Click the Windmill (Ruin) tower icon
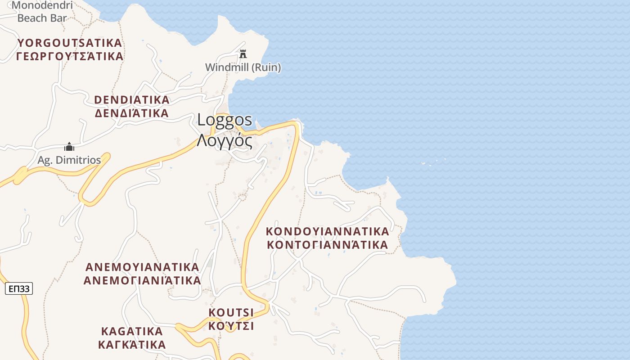pos(243,54)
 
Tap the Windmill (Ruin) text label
pos(243,67)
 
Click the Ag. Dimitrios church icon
pos(69,147)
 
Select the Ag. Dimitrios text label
pos(69,160)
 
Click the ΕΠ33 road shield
pos(19,288)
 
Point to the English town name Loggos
pos(225,120)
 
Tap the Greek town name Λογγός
pos(224,140)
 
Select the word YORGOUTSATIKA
pos(70,43)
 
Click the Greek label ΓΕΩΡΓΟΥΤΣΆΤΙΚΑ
pos(70,56)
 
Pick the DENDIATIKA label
pos(132,100)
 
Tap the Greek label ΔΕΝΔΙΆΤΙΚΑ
pos(132,113)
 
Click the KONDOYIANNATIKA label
pos(327,232)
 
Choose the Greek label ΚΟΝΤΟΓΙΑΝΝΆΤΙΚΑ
pos(327,245)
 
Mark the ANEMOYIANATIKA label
pos(142,267)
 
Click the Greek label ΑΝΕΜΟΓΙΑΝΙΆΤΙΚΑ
pos(142,280)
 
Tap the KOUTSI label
pos(231,312)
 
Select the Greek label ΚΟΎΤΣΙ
pos(231,325)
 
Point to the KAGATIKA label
pos(132,332)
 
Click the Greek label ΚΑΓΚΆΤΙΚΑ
pos(132,345)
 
